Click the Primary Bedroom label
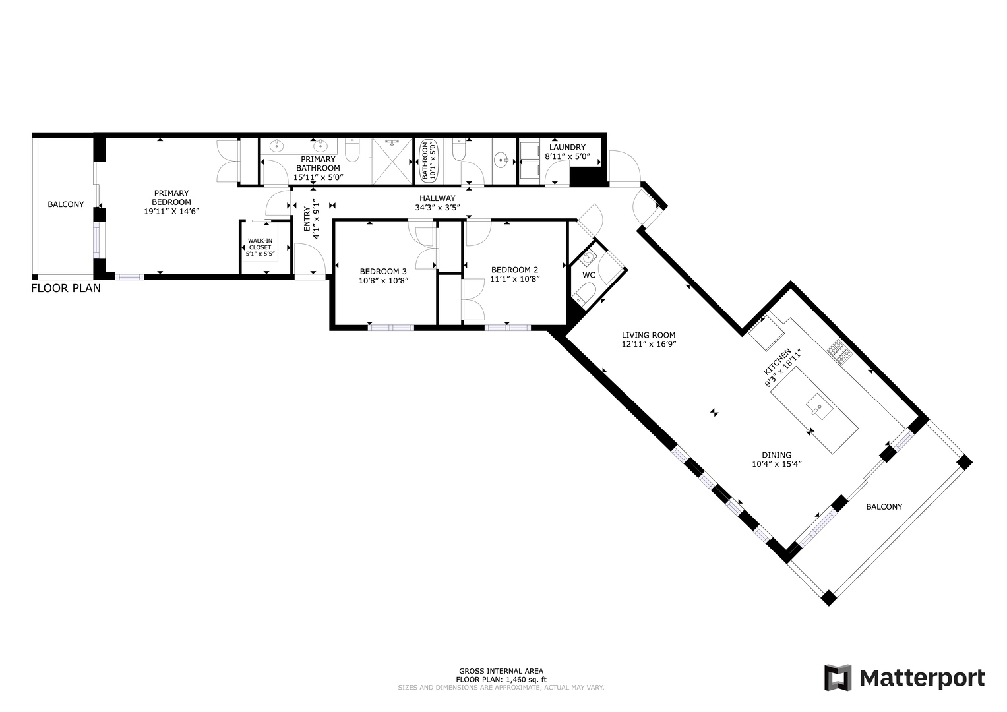coord(171,198)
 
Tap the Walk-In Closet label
coord(260,244)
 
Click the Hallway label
coord(437,198)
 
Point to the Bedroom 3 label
coord(383,271)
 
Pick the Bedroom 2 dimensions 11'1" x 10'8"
coord(514,279)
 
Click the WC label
coord(589,275)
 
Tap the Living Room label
coord(648,335)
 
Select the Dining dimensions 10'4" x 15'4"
coord(776,464)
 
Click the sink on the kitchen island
coord(817,406)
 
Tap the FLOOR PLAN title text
coord(66,288)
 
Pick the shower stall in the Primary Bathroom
coord(390,161)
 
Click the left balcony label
coord(66,204)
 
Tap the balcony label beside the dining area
coord(884,506)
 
